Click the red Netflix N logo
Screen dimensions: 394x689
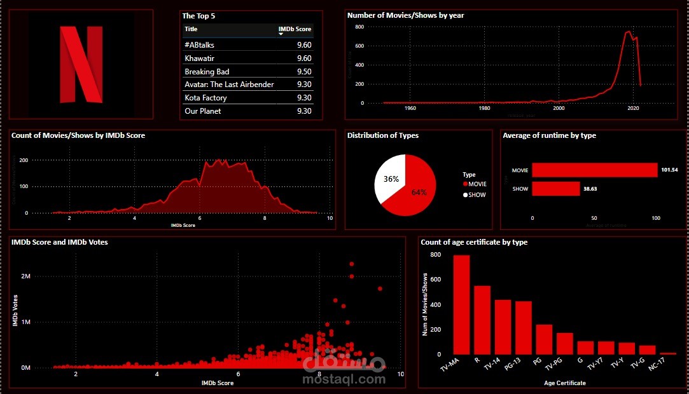pos(81,64)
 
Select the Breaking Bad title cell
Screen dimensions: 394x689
pos(207,72)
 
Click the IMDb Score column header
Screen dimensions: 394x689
pos(295,29)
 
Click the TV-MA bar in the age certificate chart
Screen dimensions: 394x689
pos(461,304)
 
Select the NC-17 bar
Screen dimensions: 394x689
pos(668,353)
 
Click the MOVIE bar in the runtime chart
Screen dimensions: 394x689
pos(594,170)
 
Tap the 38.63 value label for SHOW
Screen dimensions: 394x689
pos(591,189)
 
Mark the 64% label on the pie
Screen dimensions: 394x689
pos(419,193)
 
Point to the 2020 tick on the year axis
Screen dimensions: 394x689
pos(632,108)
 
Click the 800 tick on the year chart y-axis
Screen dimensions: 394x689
pos(359,27)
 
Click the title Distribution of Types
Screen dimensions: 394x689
pos(382,135)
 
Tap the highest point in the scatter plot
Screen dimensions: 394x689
pos(351,264)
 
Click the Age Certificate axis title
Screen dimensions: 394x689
pos(565,383)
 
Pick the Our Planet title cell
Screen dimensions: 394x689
pos(204,111)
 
